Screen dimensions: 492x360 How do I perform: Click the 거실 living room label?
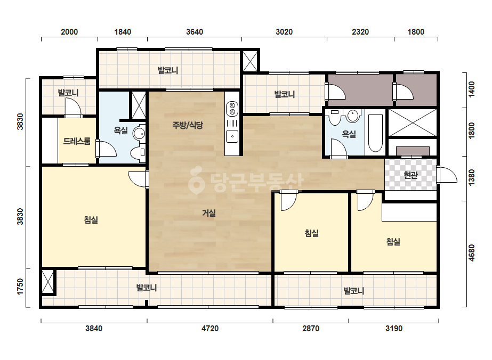pos(208,213)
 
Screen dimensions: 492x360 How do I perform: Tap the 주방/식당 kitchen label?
pos(188,125)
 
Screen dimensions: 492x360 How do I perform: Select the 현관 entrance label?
pos(410,175)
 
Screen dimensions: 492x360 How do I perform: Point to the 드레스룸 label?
pos(77,141)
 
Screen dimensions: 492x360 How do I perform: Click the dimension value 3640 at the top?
pos(195,32)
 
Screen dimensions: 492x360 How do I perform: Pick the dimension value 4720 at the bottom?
pos(210,329)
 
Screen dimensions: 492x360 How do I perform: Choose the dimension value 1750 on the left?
pos(20,287)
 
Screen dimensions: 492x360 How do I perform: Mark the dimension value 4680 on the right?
pos(472,253)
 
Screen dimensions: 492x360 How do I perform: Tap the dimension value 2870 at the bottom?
pos(311,329)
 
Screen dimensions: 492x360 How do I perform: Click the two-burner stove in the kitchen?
pos(232,109)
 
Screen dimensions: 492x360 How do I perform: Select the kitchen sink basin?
pos(232,136)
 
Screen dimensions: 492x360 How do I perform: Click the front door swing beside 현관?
pos(447,175)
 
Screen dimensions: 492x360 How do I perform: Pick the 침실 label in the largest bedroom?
pos(91,220)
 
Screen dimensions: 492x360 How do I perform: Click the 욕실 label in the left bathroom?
pos(121,130)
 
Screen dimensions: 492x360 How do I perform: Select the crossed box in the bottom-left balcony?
pos(48,282)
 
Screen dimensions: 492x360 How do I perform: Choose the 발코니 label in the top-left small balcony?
pos(68,93)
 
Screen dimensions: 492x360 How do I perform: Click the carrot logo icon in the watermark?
pos(196,181)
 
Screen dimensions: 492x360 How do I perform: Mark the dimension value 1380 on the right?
pos(472,177)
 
